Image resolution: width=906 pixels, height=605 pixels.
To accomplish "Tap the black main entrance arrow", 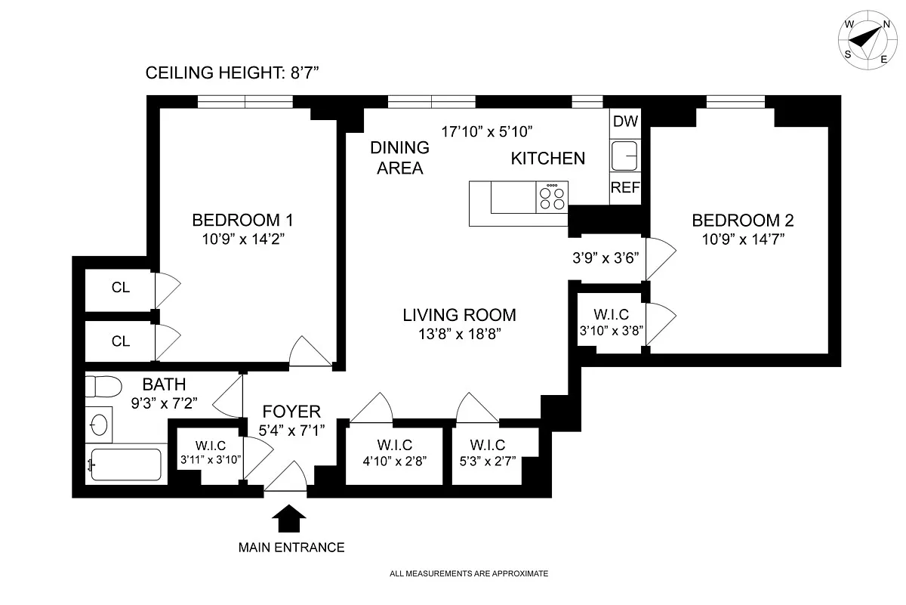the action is (288, 518).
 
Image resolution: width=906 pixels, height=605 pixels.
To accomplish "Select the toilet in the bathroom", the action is (103, 387).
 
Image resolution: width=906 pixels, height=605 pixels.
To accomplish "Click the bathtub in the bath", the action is (126, 465).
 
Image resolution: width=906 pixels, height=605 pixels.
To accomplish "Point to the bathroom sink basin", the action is (99, 425).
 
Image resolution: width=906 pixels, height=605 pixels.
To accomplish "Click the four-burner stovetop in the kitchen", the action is (552, 197).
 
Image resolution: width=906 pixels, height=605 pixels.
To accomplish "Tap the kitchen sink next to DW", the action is (624, 156).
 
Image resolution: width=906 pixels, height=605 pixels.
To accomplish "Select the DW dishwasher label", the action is (625, 121).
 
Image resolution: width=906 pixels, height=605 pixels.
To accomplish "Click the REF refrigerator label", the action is (625, 187).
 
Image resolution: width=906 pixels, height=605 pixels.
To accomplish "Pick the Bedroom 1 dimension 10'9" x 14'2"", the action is (243, 239).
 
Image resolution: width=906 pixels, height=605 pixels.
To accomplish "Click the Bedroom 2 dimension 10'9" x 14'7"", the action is (743, 239).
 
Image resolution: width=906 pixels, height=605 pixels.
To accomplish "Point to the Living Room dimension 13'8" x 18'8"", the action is (460, 334).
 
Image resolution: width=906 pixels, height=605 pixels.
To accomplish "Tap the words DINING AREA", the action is (399, 158).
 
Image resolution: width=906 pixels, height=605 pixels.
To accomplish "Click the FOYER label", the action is (291, 412).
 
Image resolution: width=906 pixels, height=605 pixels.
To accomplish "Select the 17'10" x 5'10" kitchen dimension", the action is (486, 131).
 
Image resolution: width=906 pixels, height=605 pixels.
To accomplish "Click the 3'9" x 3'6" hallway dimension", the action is (606, 258).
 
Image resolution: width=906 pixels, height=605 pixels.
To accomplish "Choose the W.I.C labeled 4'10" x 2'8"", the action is (395, 453).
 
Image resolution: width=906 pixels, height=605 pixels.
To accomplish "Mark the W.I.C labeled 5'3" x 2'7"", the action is (488, 453).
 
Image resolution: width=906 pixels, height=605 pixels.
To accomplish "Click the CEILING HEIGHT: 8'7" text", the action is (233, 73).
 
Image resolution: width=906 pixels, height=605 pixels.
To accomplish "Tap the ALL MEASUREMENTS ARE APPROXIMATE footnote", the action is (469, 573).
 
